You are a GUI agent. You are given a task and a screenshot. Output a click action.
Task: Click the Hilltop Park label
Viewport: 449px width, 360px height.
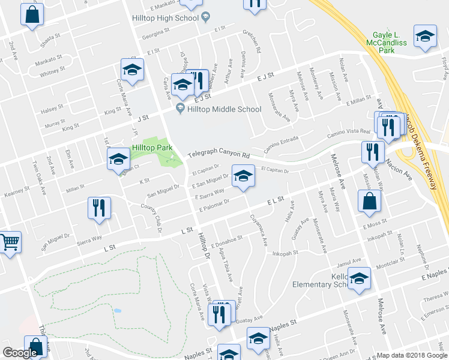click(x=152, y=148)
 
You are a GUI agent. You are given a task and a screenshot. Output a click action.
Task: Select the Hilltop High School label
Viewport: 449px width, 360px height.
click(x=165, y=18)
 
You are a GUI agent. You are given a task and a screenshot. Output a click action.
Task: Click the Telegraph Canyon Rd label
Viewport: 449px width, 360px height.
click(x=218, y=154)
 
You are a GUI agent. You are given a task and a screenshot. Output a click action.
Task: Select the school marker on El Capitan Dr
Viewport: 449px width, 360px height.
click(x=243, y=176)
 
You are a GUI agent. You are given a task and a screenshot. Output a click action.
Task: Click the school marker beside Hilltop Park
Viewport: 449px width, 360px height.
click(x=118, y=159)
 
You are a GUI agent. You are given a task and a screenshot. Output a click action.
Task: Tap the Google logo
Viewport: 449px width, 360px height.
click(x=20, y=353)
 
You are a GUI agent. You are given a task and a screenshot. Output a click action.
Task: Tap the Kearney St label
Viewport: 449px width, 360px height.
click(x=17, y=191)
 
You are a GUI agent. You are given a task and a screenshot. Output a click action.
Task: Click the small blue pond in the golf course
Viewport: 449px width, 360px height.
click(x=117, y=311)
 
